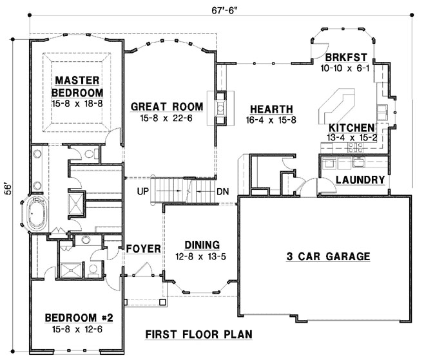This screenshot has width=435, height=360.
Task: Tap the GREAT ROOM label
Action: point(167,106)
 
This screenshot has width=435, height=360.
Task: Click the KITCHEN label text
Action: point(352,128)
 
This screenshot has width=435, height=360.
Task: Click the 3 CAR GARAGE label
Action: point(328,256)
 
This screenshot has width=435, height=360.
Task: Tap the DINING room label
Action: point(202,245)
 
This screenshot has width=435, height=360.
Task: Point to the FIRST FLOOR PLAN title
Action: point(198,334)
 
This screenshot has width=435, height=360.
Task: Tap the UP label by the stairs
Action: point(144,191)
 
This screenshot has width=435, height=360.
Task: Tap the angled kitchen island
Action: point(336,105)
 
